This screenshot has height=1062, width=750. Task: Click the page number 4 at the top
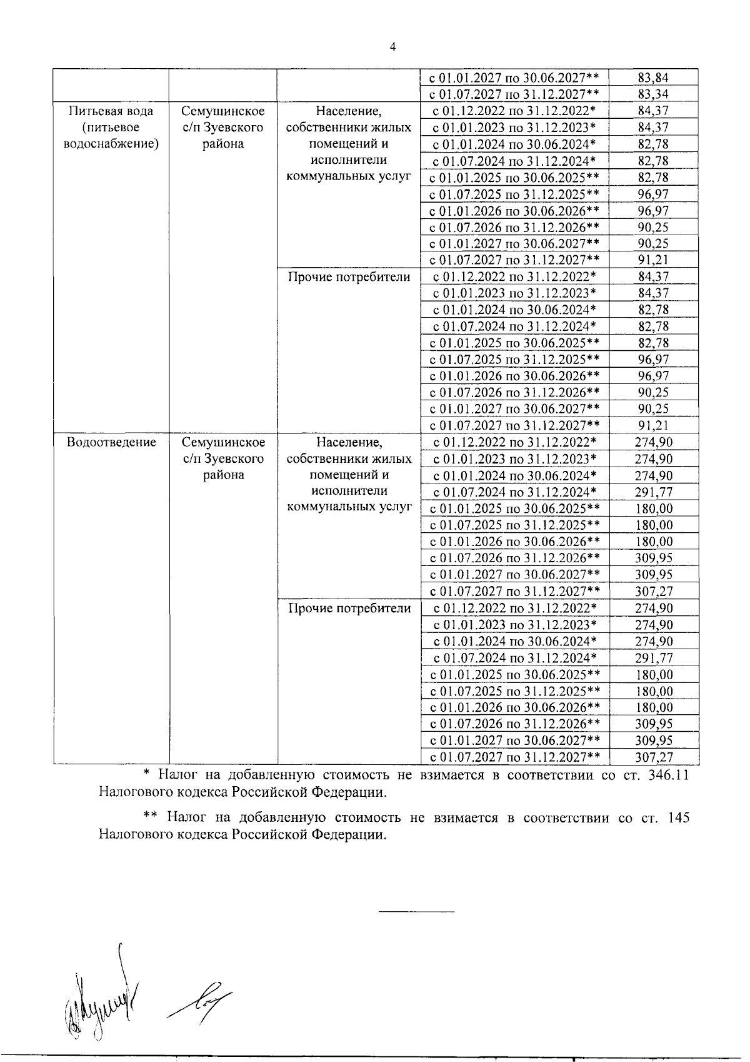392,47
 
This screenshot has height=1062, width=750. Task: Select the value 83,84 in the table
653,78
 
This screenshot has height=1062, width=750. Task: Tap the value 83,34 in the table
653,94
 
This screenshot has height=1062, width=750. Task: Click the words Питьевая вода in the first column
111,111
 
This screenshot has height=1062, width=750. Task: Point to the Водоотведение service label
111,442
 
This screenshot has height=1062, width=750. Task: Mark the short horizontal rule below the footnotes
417,911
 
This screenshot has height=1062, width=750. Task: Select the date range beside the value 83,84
514,78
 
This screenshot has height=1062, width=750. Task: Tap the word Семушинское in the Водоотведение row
223,442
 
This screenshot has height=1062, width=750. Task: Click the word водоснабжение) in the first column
111,144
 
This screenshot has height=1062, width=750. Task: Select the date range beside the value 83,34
514,94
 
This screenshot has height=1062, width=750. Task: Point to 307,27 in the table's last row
653,757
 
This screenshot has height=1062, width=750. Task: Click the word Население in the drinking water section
349,111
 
